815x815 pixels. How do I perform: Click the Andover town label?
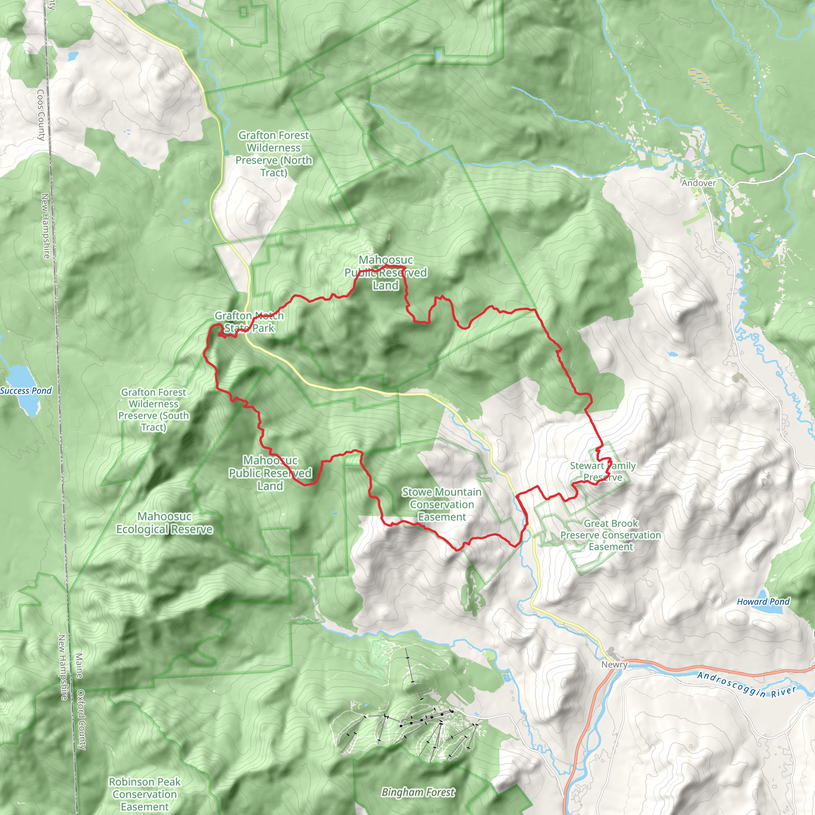pos(698,183)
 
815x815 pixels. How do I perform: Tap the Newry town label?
pos(614,665)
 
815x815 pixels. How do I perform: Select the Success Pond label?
pos(26,391)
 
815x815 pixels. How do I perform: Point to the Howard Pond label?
pos(763,602)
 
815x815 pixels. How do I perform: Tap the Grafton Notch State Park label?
pos(249,322)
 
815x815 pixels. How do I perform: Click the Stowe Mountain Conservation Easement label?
pos(442,505)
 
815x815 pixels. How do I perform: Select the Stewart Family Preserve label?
pos(603,472)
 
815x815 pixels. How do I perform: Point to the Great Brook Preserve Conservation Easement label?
pos(610,535)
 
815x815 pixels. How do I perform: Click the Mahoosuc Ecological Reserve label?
pos(164,523)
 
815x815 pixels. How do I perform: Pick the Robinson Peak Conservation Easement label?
pos(145,794)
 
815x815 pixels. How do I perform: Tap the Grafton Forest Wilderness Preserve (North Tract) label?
pos(274,154)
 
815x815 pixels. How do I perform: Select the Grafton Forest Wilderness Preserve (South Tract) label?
pos(154,409)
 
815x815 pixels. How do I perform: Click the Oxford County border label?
pos(82,719)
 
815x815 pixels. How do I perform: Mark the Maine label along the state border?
pos(79,666)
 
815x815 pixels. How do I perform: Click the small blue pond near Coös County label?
pos(72,55)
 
